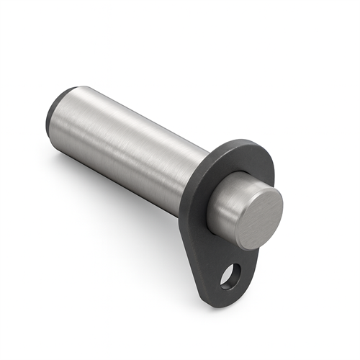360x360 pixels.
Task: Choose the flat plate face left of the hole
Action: point(213,266)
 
